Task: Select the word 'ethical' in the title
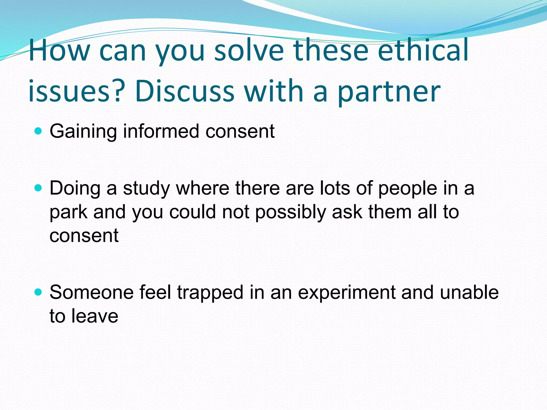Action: point(423,50)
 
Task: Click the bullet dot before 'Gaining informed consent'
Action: point(38,131)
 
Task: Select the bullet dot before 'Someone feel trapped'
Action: point(38,292)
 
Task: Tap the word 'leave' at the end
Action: point(95,316)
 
